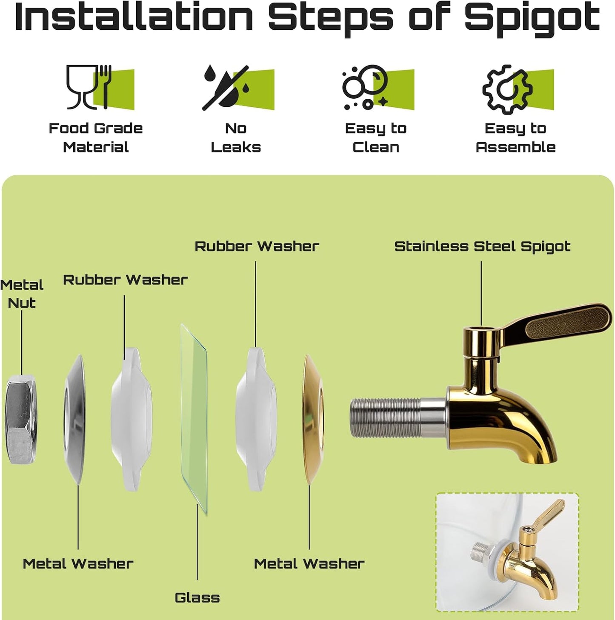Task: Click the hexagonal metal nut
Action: (21, 419)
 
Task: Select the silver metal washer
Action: (74, 419)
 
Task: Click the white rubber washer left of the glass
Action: (132, 419)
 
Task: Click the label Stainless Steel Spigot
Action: (482, 246)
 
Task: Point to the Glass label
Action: (197, 598)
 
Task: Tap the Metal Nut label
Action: (22, 294)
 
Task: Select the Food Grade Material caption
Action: (96, 138)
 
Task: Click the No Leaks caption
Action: (236, 138)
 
